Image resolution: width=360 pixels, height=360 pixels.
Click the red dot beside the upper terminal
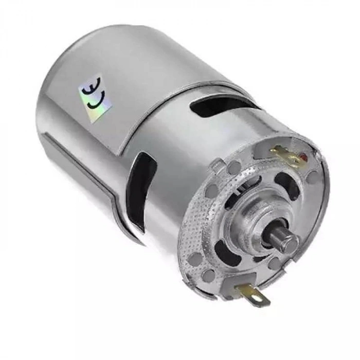[304, 156]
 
